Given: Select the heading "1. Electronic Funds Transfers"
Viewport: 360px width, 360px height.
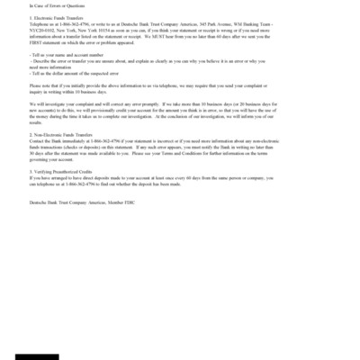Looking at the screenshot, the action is [53, 16].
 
